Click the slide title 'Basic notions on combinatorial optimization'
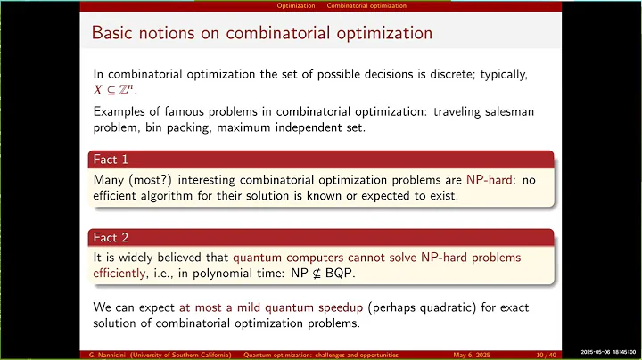263,34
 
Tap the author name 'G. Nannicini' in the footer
111,353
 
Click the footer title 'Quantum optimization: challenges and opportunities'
325,353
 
